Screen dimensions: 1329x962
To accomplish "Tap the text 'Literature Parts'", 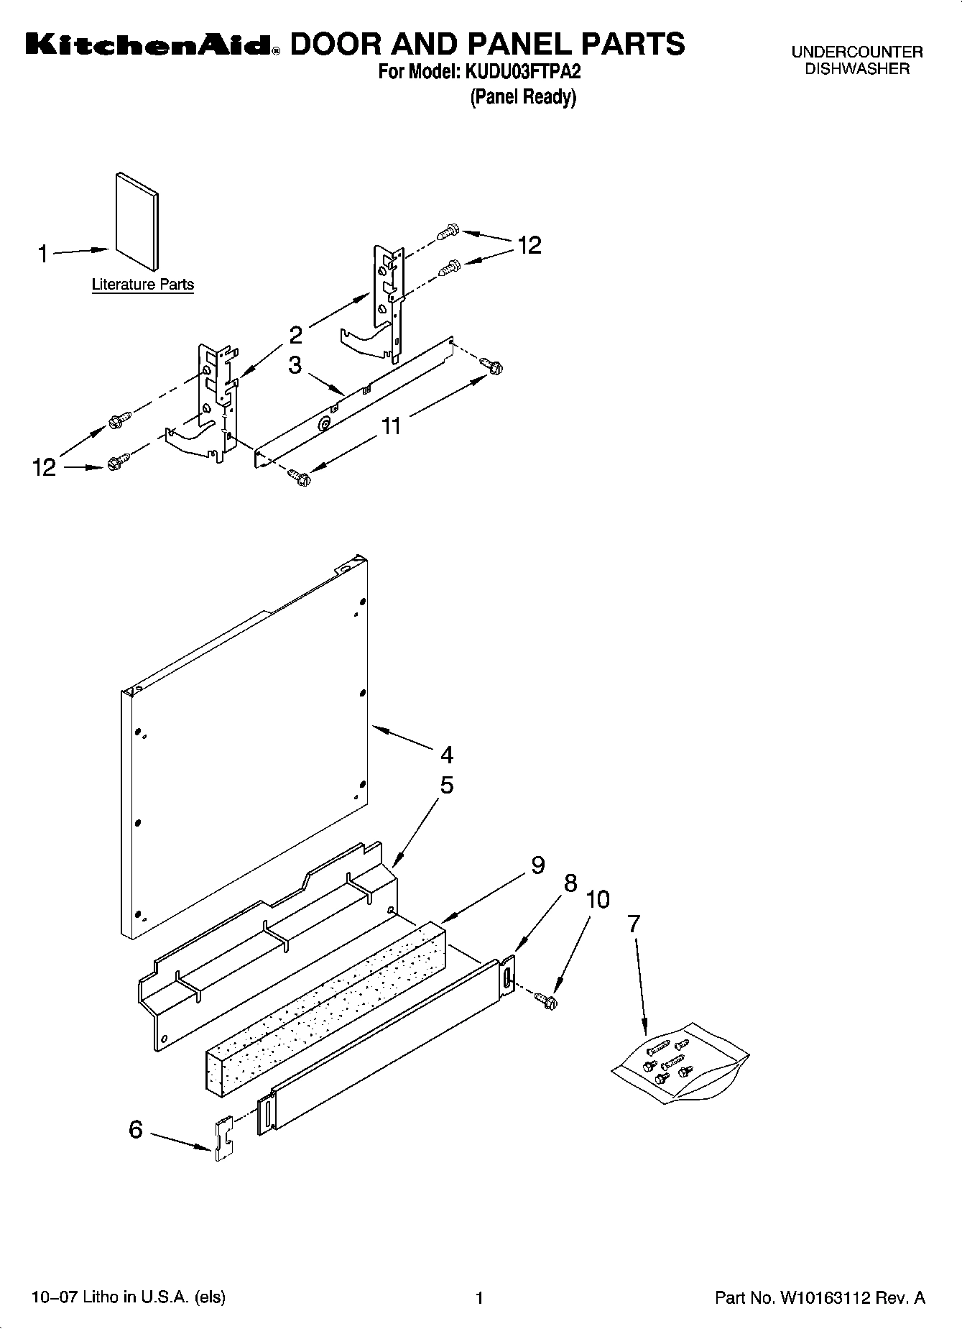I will coord(142,285).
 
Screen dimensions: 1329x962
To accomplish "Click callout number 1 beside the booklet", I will coord(43,254).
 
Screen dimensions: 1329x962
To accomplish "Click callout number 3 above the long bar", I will coord(295,365).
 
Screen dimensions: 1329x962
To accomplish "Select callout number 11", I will coord(390,426).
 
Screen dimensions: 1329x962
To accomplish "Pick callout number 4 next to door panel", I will coord(447,755).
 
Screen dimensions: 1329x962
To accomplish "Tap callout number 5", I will coord(447,786).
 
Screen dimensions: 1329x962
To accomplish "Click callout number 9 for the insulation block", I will coord(538,865).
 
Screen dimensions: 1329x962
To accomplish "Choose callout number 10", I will coord(598,899).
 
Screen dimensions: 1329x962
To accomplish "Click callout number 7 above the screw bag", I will coord(633,924).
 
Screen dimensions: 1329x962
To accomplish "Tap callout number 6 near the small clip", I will coord(136,1130).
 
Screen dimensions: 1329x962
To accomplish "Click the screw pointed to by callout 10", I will coord(547,998).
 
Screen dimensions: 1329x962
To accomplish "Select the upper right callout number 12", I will coord(529,246).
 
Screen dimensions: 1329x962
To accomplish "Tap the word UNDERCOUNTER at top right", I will coord(856,52).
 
